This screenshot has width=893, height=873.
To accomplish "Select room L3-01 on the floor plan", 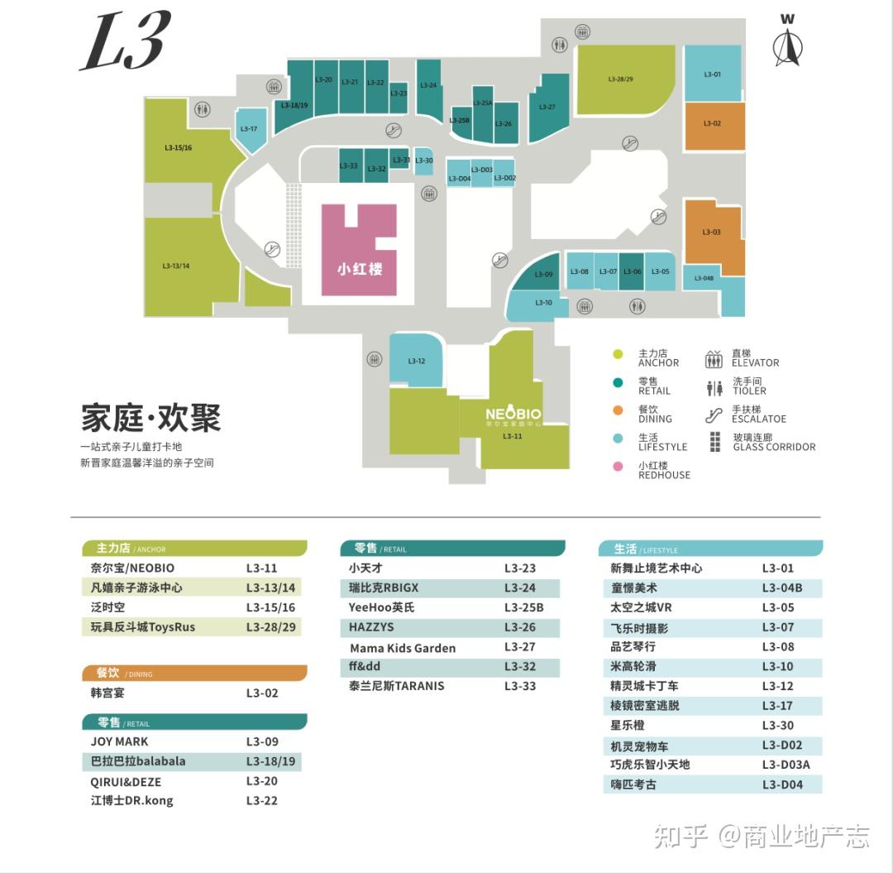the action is pos(713,74).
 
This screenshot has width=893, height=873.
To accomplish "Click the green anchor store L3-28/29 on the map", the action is pos(622,79).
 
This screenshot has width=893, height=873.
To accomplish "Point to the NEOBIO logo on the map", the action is pos(513,415).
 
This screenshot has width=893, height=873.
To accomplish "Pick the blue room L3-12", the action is pos(416,360).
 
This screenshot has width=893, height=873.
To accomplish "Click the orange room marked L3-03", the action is pos(711,233).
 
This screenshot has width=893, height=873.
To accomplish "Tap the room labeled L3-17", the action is pos(250,128).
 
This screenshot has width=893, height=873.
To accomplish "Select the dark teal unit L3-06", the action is pos(632,271).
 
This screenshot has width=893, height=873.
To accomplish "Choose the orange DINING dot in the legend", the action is pos(617,411).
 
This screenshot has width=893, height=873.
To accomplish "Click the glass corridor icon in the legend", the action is pos(715,443).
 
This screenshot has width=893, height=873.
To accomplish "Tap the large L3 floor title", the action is pos(126,41).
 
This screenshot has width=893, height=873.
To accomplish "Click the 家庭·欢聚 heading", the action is pos(151,418).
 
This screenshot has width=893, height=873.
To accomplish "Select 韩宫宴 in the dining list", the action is pos(108,693).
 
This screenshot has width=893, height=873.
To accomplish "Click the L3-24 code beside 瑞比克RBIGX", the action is pos(520,588).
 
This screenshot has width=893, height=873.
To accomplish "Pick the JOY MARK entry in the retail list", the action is pos(120,742).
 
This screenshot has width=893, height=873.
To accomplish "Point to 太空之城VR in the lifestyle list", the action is pos(641,608).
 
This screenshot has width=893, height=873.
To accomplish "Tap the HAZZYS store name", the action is pos(371,628).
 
